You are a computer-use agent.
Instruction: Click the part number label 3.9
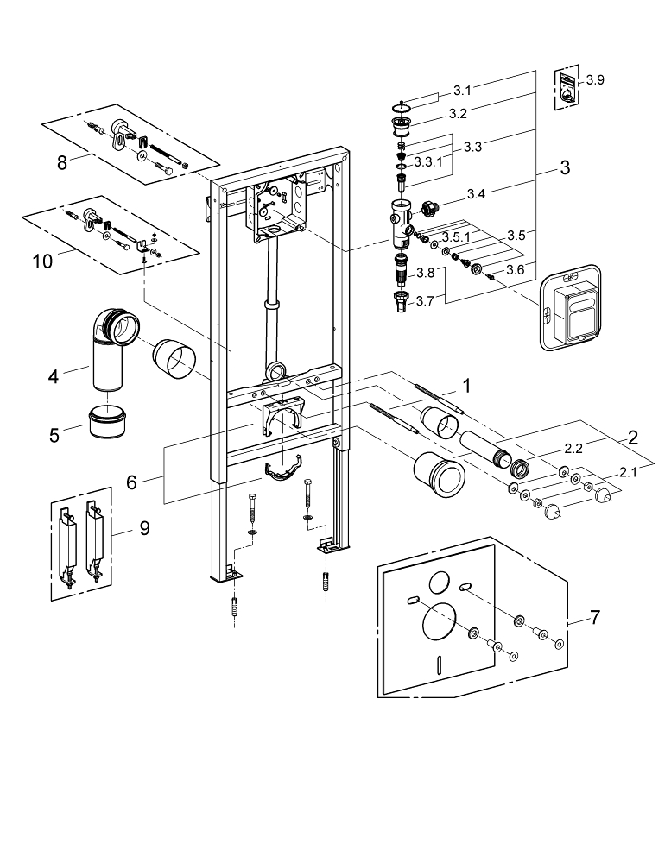595,80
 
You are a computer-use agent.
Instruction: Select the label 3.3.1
429,161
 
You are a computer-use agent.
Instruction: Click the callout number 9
144,526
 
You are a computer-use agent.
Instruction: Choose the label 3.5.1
455,236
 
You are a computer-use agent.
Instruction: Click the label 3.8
425,273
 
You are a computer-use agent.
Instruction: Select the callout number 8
62,161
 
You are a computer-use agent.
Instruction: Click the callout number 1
467,386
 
